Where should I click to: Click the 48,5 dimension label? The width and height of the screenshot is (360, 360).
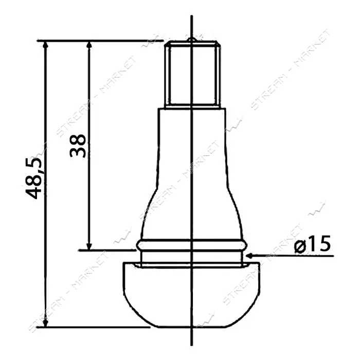point(33,178)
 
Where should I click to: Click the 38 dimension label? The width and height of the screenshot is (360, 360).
point(78,146)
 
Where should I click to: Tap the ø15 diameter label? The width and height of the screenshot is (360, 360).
point(313,244)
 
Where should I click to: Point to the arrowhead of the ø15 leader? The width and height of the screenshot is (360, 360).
point(249,255)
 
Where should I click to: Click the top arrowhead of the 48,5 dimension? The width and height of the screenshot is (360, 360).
point(45,45)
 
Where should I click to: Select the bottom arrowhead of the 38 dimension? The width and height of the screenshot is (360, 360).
point(89,246)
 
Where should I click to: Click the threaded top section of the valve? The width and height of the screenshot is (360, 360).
point(192,74)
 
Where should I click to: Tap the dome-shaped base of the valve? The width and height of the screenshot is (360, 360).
point(192,295)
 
